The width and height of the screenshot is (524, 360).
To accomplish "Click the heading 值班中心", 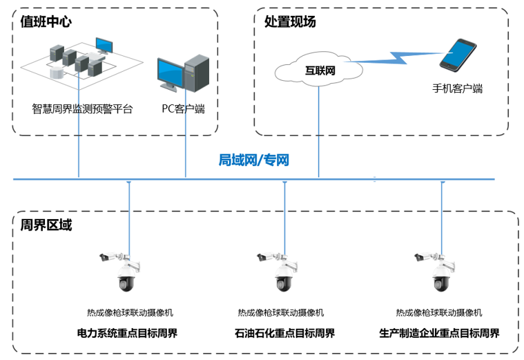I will click(x=46, y=22).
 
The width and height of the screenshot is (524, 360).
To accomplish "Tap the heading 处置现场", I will click(x=290, y=22).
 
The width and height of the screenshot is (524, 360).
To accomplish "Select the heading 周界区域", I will click(x=46, y=226).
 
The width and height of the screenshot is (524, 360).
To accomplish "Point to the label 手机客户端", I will click(x=457, y=88).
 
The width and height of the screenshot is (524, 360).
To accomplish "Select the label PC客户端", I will click(x=183, y=108).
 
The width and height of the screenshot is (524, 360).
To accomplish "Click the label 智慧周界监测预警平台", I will click(x=82, y=108).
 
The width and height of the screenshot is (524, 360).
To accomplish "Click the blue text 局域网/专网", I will click(x=253, y=160).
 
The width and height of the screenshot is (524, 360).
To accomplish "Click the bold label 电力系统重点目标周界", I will click(x=127, y=333).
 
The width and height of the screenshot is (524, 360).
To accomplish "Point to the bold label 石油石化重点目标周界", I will click(x=284, y=333).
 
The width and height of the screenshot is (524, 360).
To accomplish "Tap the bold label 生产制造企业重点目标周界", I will click(x=439, y=333).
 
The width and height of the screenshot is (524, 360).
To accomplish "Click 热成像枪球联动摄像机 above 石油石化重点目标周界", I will click(x=281, y=312).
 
